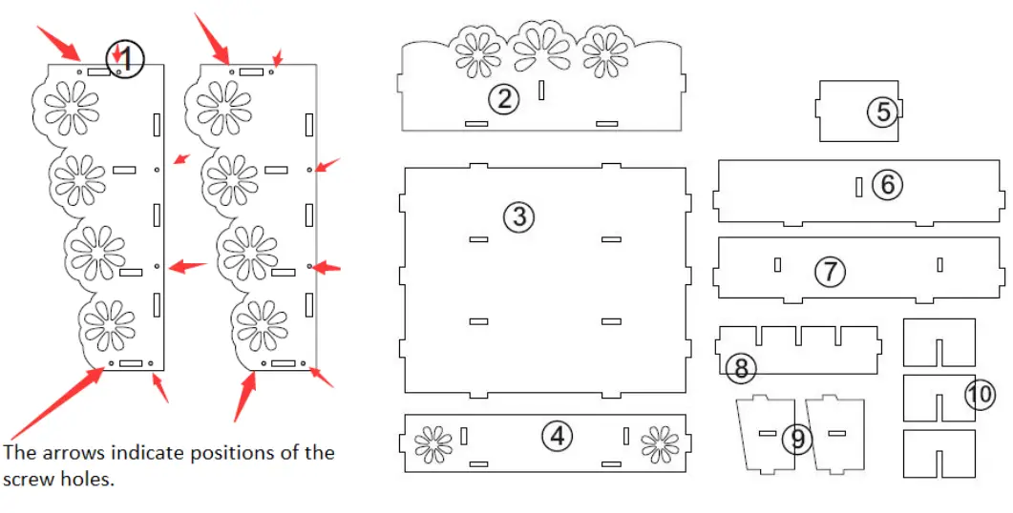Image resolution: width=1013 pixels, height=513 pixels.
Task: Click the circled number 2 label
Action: point(503,99)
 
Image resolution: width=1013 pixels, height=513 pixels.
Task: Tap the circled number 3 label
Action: point(519,216)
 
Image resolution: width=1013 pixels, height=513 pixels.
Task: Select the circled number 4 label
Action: point(557,436)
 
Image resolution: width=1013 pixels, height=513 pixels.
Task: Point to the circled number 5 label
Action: point(882,112)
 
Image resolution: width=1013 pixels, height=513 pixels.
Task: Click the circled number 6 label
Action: point(888,185)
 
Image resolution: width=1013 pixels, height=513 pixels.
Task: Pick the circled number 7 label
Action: point(831,271)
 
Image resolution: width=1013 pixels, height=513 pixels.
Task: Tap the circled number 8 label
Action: point(741,368)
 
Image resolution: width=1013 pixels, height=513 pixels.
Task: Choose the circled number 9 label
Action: point(798,439)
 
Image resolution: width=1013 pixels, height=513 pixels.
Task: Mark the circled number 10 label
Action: point(981,394)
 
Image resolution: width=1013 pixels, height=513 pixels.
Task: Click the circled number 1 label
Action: point(125,59)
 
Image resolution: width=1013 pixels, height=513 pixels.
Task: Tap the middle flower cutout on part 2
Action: point(542,48)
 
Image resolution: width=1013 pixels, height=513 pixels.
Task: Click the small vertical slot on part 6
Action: point(858,187)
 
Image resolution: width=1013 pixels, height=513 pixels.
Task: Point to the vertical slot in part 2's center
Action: point(541,91)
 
